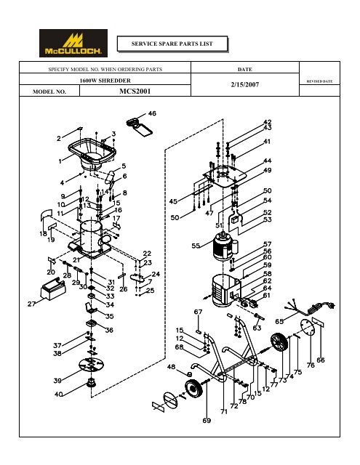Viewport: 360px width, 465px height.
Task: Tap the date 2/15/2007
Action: [245, 85]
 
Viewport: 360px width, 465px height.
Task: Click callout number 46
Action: [152, 113]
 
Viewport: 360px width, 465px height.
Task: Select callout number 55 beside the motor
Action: [196, 246]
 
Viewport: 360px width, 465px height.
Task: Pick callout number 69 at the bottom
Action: [207, 420]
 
